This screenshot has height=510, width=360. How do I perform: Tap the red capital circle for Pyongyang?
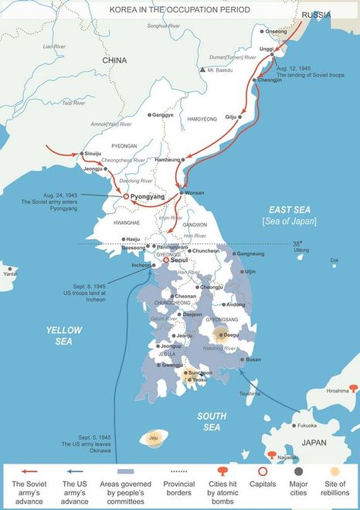(125, 197)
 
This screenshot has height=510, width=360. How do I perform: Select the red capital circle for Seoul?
(165, 261)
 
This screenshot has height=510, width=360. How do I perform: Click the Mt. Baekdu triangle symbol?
(202, 70)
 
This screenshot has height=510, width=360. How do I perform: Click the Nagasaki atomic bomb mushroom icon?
(271, 456)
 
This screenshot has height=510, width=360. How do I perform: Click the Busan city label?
(253, 359)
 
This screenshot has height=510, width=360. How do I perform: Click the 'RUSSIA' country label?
(316, 15)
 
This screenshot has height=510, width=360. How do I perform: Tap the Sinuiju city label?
(93, 154)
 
